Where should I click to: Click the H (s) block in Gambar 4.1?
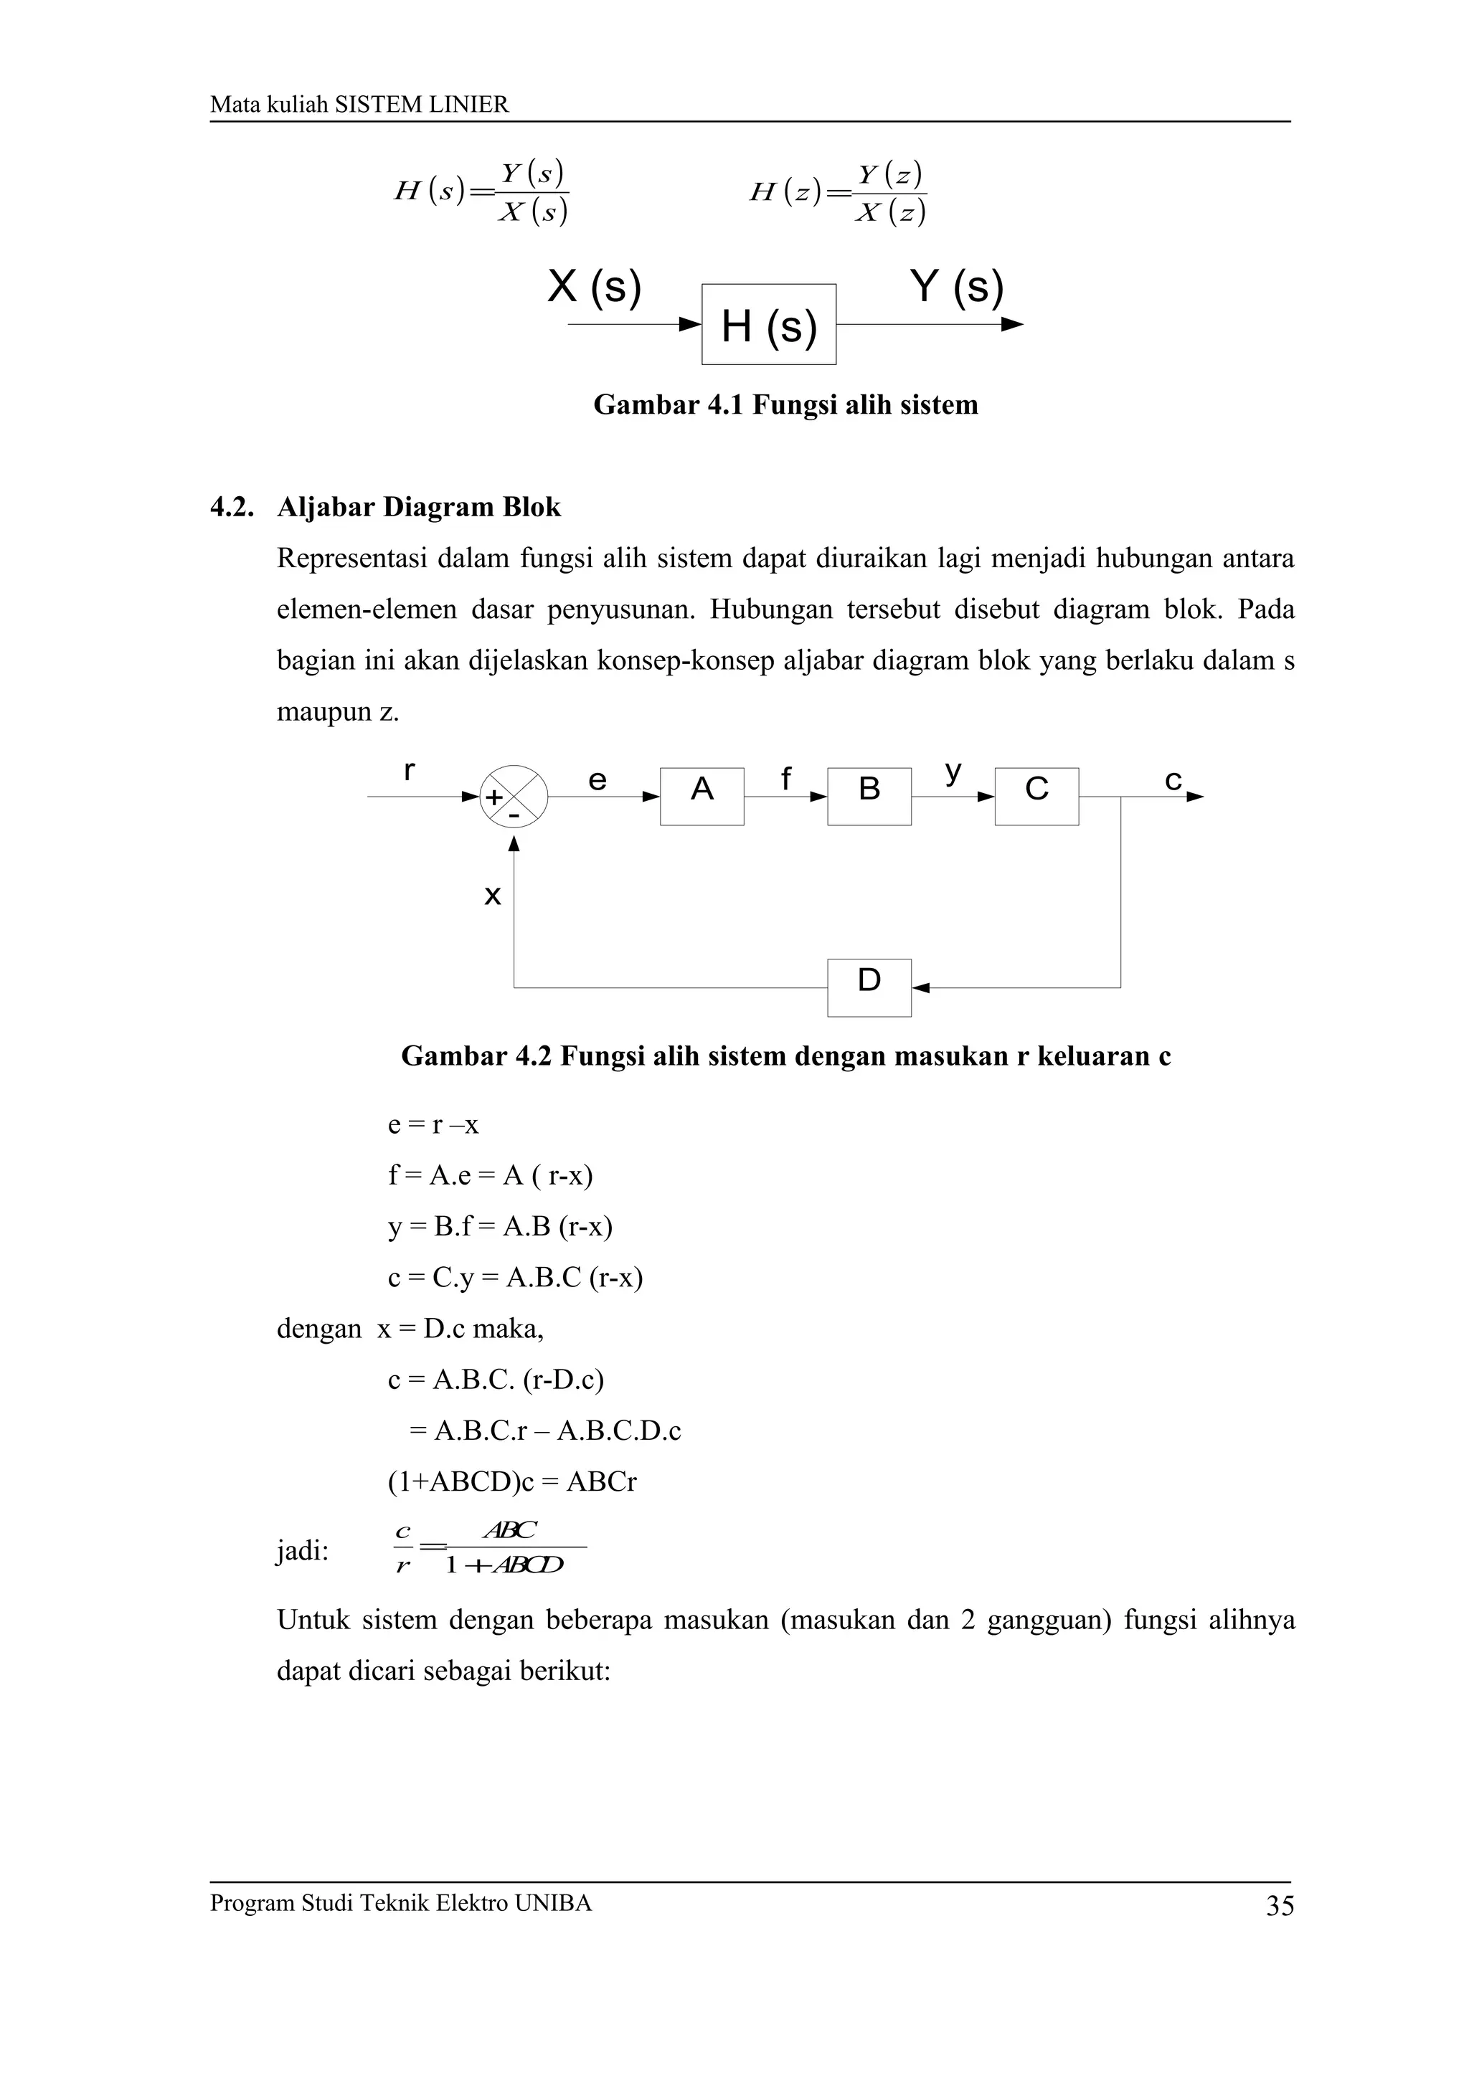point(768,324)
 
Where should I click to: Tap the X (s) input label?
point(594,287)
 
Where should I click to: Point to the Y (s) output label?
point(957,287)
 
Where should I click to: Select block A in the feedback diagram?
point(702,797)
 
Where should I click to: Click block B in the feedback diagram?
point(869,797)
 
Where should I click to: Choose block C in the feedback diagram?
point(1036,797)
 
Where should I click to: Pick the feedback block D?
point(869,987)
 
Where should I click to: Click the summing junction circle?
point(513,797)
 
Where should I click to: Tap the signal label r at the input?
point(409,771)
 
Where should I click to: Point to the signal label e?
point(597,780)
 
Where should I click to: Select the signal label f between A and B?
point(785,778)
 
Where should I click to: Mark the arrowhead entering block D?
point(920,987)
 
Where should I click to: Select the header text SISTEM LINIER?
point(422,105)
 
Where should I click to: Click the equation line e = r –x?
point(433,1125)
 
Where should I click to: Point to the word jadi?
point(302,1551)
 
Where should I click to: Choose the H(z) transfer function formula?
point(837,193)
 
